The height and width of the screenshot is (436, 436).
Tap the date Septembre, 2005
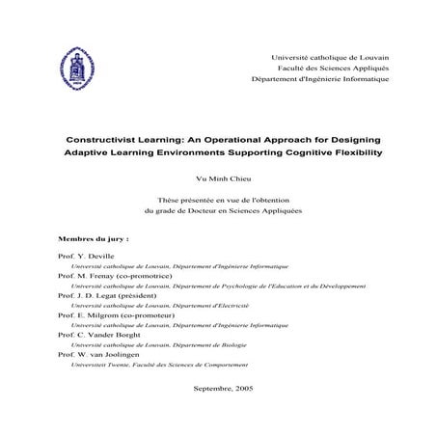tap(223, 387)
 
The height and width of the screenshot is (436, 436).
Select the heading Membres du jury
tap(94, 236)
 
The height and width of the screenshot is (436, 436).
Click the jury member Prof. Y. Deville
tap(86, 256)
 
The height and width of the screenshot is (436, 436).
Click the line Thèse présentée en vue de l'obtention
tap(223, 198)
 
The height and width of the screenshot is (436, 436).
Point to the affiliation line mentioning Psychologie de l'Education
tap(218, 285)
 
